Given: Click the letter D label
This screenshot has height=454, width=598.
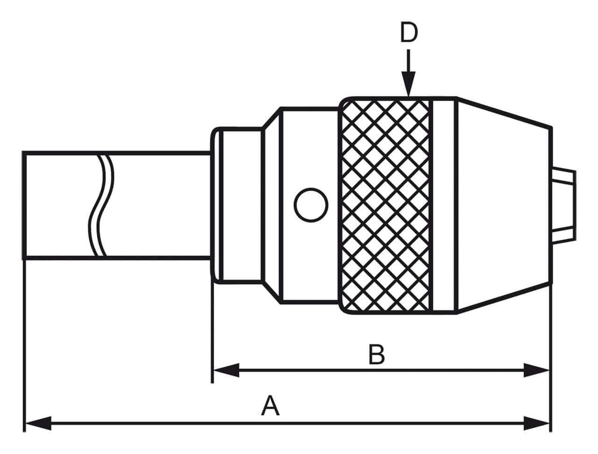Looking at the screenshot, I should pos(408,33).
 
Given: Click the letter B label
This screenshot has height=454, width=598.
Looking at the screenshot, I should pos(376,355).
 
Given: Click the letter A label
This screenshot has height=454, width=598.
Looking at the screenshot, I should pos(270,407).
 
